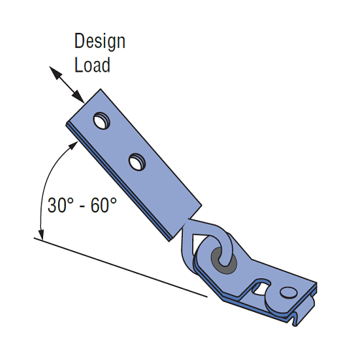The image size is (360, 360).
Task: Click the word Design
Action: (100, 42)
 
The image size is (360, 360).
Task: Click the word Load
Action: (93, 65)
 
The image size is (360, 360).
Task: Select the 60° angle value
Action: (103, 205)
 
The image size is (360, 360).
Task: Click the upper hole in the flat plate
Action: (101, 120)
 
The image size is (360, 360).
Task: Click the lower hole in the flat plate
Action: (137, 162)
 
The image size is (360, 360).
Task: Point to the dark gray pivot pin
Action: (224, 260)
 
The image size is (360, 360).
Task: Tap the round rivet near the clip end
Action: (288, 292)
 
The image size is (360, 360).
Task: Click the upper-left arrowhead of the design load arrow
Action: (55, 72)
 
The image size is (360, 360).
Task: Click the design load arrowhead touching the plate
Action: (78, 97)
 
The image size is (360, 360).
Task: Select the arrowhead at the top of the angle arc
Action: (73, 146)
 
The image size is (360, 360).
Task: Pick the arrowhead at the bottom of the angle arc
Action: (42, 235)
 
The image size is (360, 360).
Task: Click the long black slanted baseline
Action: (120, 267)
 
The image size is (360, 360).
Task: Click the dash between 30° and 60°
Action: (82, 206)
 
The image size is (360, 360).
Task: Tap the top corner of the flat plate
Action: (100, 89)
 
